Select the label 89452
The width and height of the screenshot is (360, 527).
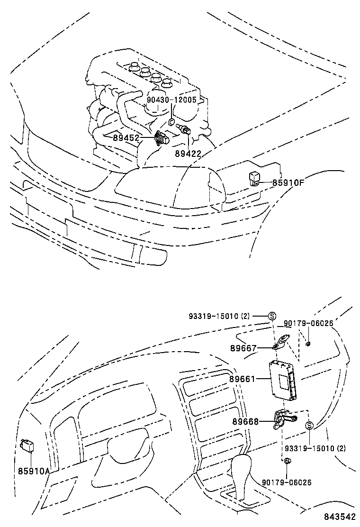coord(126,138)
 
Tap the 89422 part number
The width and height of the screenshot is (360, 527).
coord(188,154)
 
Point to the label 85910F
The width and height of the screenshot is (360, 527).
coord(288,182)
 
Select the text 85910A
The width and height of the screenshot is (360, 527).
coord(34,471)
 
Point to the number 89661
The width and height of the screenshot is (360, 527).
coord(242,379)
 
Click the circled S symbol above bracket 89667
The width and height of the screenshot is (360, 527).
coord(272,316)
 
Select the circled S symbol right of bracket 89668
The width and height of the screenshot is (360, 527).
coord(309,425)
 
